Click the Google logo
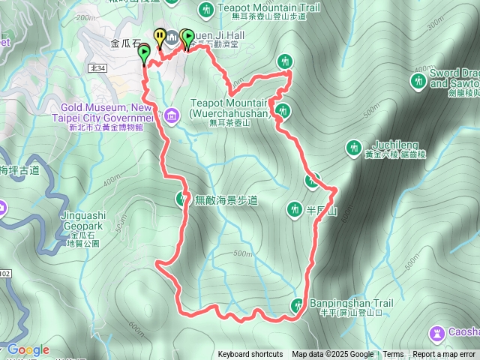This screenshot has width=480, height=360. pos(28,350)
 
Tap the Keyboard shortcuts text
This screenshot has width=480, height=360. pos(250,355)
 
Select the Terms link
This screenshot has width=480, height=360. pos(393,355)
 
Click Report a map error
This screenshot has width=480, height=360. pos(444,355)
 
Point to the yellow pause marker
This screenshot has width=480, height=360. pos(159,35)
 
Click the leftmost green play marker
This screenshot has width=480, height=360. pos(144,52)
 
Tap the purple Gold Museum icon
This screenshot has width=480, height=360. pos(172,116)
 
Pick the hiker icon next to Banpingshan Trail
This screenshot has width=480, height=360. pos(298,304)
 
